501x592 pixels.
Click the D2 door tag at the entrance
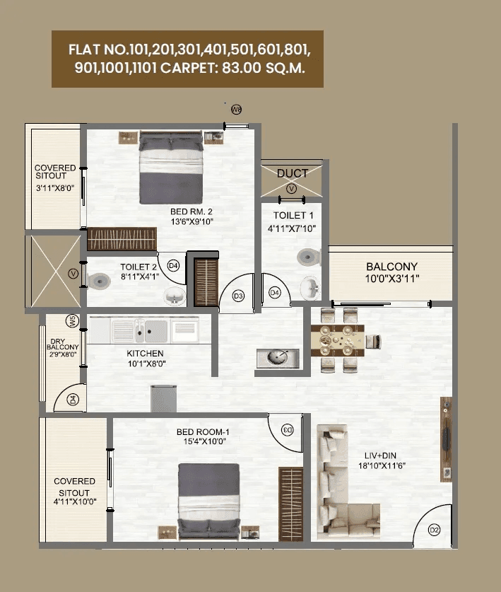(434, 530)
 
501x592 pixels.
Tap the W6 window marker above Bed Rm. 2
(236, 109)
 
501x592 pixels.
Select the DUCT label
(292, 173)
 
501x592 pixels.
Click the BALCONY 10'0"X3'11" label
(391, 272)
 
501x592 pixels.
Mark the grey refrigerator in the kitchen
(163, 399)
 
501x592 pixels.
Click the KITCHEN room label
(145, 354)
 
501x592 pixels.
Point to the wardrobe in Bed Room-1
(290, 503)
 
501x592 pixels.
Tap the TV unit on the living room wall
(446, 439)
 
